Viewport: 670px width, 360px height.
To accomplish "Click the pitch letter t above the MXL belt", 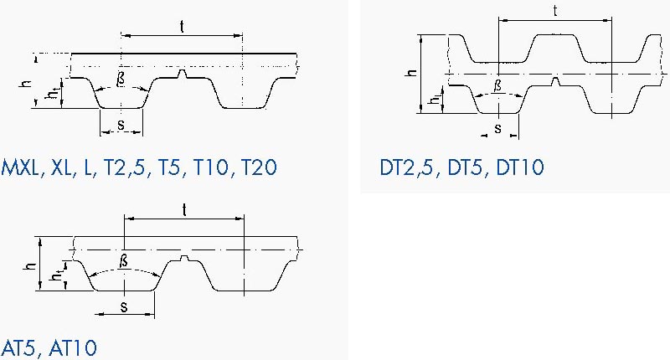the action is [182, 27].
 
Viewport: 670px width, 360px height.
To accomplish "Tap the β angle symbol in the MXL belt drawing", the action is [121, 79].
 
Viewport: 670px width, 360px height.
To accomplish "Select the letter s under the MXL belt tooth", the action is [121, 124].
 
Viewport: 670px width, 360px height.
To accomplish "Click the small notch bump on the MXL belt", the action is [183, 74].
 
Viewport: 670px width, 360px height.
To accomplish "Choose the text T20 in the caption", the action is [260, 167].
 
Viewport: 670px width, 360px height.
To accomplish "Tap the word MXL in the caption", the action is [19, 167].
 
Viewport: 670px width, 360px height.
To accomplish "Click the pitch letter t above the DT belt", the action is [555, 11].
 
